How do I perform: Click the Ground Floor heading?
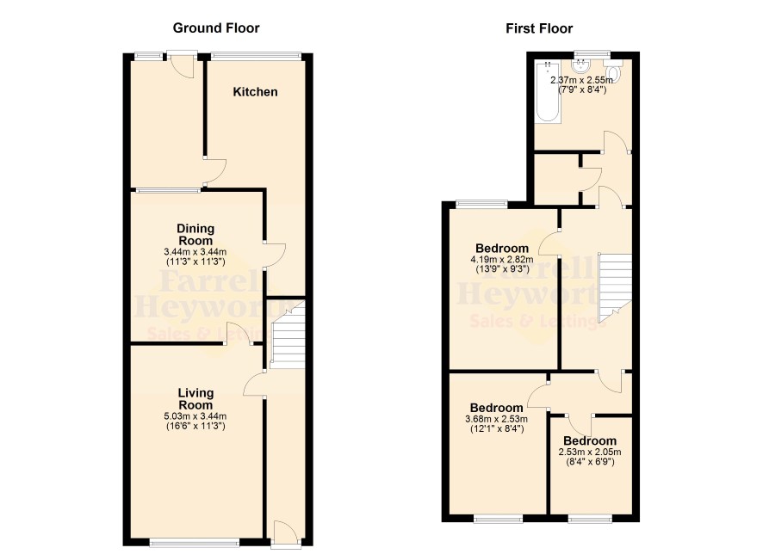[216, 28]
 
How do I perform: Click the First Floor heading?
[539, 28]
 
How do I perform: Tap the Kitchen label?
[255, 92]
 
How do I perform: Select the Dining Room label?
[195, 234]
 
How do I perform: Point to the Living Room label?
[195, 399]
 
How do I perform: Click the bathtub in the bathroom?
[548, 91]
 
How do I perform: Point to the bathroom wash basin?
[581, 65]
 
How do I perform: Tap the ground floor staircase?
[288, 334]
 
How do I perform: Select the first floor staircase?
[615, 287]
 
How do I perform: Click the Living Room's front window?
[194, 542]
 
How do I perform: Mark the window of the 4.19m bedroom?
[481, 204]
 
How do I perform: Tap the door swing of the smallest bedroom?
[579, 425]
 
